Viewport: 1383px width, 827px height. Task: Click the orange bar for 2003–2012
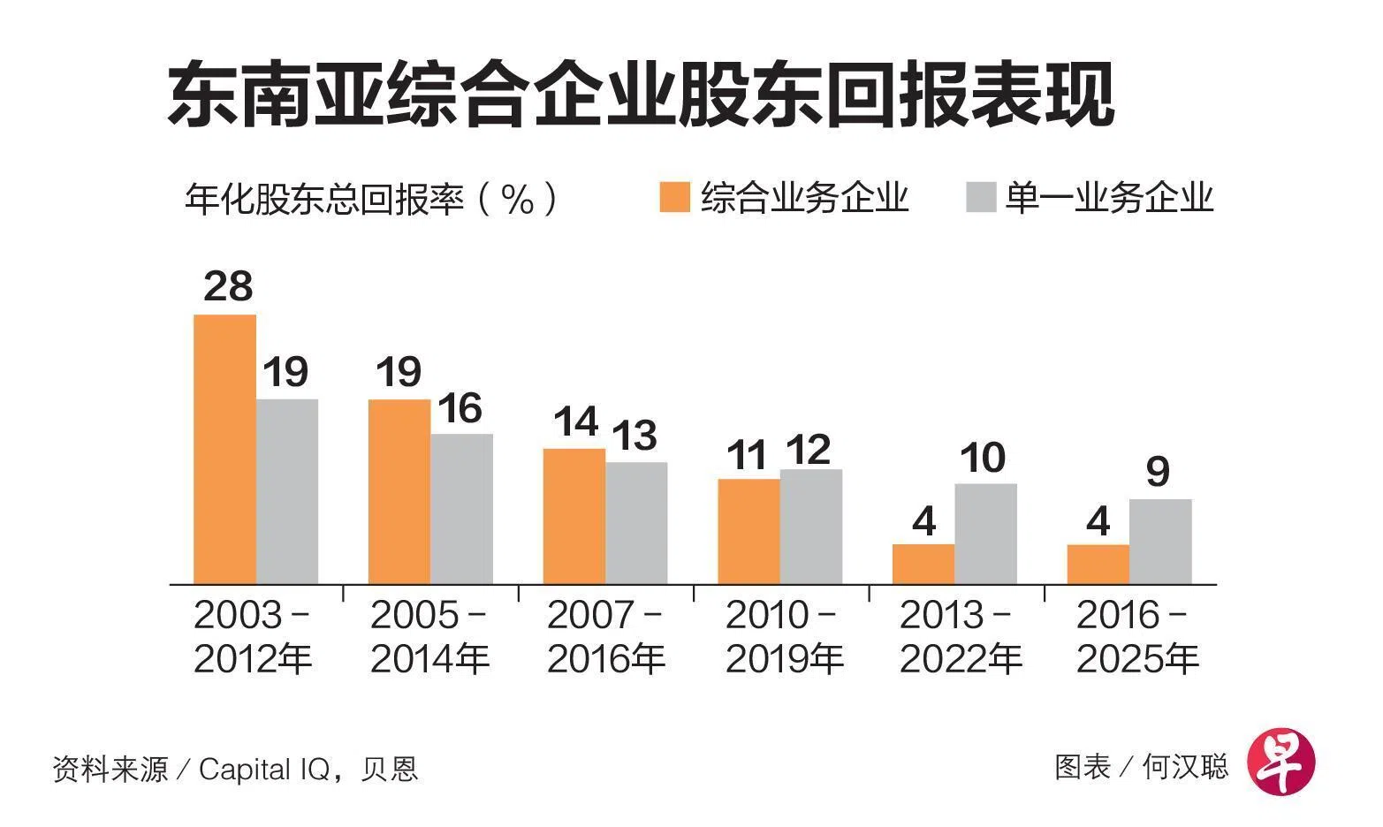click(224, 449)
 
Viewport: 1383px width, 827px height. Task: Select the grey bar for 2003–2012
click(287, 491)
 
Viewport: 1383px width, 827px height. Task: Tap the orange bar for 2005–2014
click(399, 491)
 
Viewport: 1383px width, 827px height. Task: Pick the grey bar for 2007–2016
click(636, 523)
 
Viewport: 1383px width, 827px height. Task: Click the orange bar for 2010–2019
click(748, 531)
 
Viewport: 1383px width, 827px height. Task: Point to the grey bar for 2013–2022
click(985, 534)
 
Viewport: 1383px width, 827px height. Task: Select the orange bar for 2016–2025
click(1098, 565)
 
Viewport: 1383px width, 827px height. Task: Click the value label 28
click(228, 286)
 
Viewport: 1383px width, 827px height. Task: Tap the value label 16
click(460, 408)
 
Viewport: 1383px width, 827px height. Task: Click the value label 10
click(982, 458)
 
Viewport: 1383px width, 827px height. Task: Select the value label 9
click(1158, 472)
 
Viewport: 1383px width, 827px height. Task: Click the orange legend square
click(674, 197)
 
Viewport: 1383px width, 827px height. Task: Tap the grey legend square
click(981, 197)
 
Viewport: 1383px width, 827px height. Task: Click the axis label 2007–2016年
click(605, 637)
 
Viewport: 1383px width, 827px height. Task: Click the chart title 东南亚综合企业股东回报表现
click(641, 95)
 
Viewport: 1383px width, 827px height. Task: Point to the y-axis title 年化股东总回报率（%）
click(371, 198)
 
